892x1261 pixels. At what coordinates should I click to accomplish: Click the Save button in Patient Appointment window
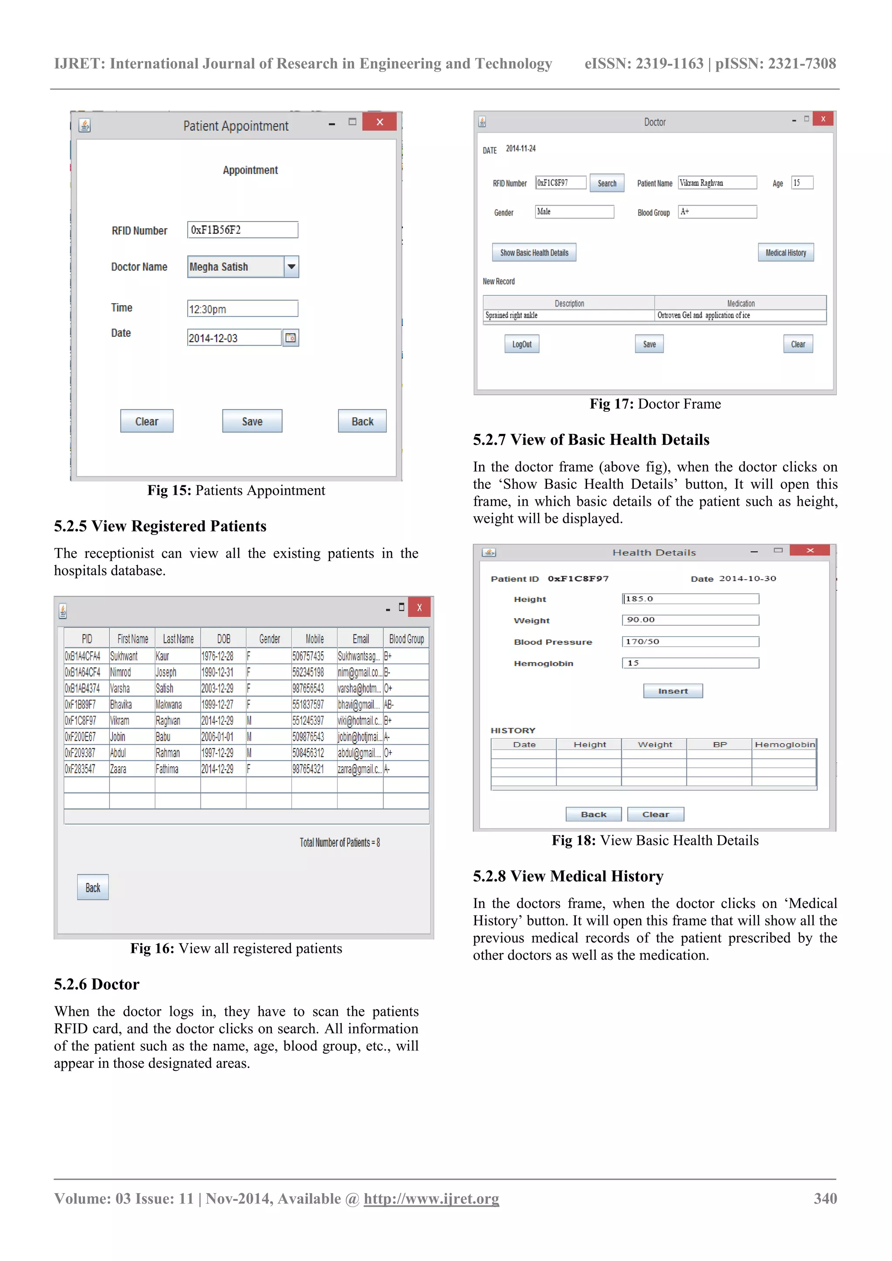tap(252, 421)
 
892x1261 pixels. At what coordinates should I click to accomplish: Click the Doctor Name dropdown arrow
tap(291, 267)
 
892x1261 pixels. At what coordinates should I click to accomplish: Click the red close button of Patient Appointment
tap(379, 122)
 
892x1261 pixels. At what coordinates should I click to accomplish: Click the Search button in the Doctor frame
tap(607, 183)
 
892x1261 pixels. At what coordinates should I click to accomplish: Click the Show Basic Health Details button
tap(534, 252)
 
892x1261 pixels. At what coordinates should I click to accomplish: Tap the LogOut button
tap(522, 344)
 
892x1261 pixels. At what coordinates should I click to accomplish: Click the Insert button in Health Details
tap(673, 691)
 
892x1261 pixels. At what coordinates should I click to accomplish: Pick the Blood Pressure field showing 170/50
tap(690, 642)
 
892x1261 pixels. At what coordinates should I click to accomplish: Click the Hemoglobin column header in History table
tap(784, 745)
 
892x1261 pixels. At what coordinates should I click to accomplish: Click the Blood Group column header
tap(406, 639)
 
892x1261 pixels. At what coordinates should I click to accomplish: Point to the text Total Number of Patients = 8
tap(340, 843)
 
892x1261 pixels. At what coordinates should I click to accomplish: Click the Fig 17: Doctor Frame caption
tap(655, 404)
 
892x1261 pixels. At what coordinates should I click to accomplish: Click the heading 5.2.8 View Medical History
tap(568, 876)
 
